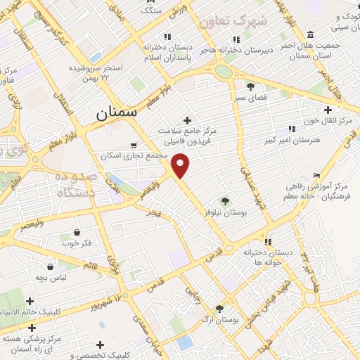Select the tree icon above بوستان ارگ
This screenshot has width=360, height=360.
(219, 308)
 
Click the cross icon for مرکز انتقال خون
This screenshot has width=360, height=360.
(328, 109)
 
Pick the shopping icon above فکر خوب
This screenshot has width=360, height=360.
(77, 232)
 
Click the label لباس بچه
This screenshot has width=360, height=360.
(50, 278)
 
